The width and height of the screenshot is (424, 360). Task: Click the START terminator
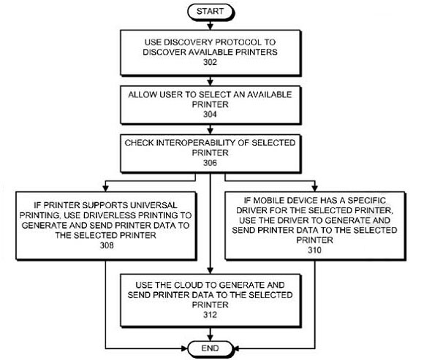[x=210, y=12]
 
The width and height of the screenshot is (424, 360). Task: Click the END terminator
[x=210, y=348]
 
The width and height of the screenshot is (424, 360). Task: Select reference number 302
[x=210, y=62]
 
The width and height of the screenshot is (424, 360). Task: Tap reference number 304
[x=210, y=114]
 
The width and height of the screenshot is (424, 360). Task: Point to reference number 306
[x=210, y=163]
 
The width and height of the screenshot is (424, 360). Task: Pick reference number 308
[x=107, y=245]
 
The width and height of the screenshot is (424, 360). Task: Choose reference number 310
[x=314, y=250]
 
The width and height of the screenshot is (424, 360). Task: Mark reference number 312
[x=210, y=315]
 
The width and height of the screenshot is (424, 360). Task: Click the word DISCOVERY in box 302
[x=188, y=42]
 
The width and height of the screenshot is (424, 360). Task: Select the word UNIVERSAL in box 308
[x=154, y=205]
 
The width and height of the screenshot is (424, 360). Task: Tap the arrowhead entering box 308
[x=106, y=188]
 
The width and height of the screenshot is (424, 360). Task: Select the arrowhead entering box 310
[x=314, y=188]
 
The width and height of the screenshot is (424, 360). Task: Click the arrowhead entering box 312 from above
[x=210, y=270]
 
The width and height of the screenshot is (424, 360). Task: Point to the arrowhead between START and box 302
[x=210, y=26]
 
